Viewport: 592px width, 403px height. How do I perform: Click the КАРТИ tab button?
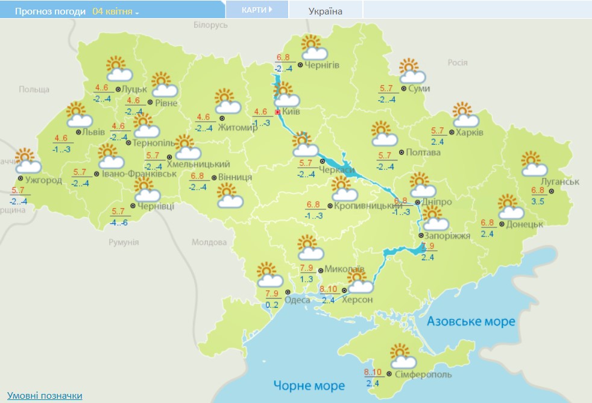pos(256,10)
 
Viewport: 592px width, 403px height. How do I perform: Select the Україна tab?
pos(325,11)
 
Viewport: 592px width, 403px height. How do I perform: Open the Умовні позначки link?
pos(45,396)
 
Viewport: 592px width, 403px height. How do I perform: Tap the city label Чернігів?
pos(322,65)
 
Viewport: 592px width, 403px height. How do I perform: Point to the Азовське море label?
pos(471,322)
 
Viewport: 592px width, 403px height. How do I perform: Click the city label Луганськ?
pos(560,182)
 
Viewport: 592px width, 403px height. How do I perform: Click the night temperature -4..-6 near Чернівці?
pos(119,222)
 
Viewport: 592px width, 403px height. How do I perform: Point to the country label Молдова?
pos(209,243)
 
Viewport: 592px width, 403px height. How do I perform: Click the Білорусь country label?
pos(211,25)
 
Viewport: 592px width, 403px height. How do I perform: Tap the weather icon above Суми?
pos(412,71)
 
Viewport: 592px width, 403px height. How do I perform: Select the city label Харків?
pos(470,133)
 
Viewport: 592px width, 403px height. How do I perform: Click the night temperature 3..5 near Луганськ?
pos(538,201)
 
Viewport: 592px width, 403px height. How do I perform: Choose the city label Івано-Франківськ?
pos(139,174)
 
